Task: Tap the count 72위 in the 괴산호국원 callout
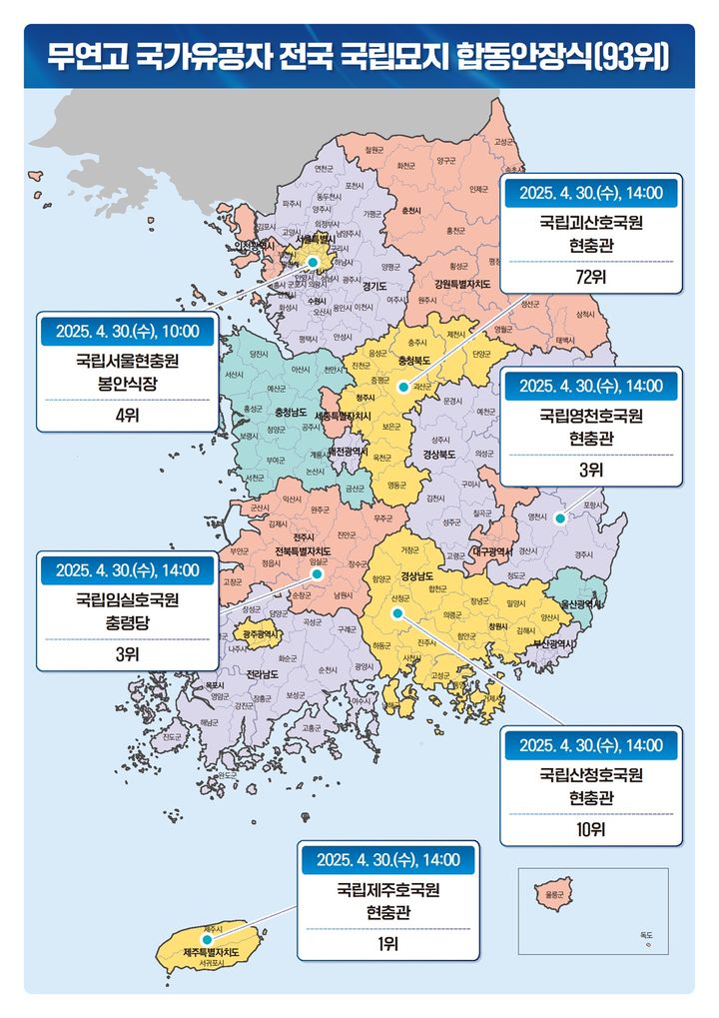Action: coord(591,277)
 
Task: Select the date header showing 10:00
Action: coord(128,330)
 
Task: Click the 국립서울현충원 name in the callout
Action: coord(128,361)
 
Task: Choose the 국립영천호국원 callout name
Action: coord(591,415)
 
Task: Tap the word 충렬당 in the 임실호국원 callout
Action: coord(128,619)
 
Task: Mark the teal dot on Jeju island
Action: coord(207,940)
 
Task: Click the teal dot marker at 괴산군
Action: coord(402,387)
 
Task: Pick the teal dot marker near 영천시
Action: coord(560,517)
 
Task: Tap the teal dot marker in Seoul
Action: coord(314,262)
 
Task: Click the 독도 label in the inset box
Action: coord(647,935)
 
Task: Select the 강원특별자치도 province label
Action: coord(454,284)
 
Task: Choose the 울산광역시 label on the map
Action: coord(580,603)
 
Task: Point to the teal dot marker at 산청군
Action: coord(396,611)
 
